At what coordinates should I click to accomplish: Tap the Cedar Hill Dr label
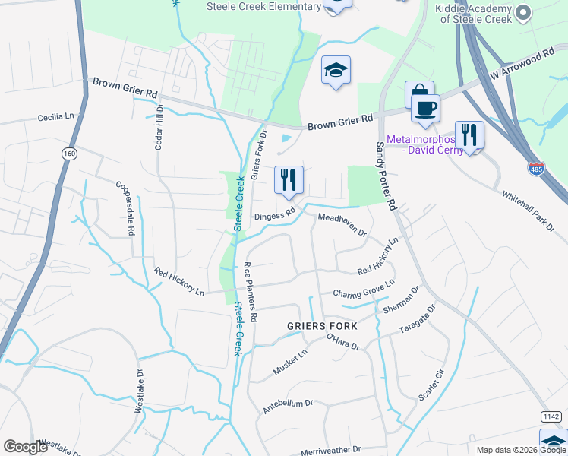tap(159, 128)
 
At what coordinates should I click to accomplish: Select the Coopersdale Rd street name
tap(127, 207)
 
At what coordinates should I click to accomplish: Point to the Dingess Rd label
tap(274, 216)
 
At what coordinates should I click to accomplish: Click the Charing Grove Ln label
tap(364, 288)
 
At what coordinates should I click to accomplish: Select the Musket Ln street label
tap(291, 359)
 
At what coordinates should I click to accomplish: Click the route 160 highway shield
tap(69, 154)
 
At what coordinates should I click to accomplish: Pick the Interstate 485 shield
tap(536, 167)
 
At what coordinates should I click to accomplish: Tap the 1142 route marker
tap(551, 416)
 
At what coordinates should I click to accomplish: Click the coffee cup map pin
tap(426, 107)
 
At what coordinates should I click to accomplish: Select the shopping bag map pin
tap(419, 94)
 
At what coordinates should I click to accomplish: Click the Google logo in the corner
tap(25, 447)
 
